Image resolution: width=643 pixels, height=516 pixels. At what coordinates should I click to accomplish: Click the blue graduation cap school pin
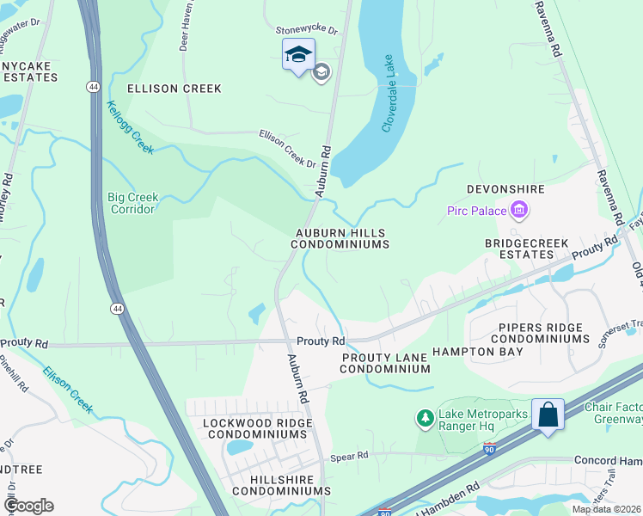[298, 56]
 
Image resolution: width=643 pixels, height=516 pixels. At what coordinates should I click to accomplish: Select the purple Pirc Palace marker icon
[518, 209]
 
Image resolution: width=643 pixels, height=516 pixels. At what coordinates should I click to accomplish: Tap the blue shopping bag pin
[548, 415]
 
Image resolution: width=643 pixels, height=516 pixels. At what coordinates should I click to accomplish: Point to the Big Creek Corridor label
[132, 202]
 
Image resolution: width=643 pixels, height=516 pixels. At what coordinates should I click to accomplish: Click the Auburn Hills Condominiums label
[340, 238]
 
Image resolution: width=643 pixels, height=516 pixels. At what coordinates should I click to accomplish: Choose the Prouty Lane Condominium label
[384, 362]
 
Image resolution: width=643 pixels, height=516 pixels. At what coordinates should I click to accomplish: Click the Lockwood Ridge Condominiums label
[254, 428]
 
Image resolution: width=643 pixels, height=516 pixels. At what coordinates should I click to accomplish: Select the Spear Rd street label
[350, 455]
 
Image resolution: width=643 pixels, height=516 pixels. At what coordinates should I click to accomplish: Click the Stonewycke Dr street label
[307, 30]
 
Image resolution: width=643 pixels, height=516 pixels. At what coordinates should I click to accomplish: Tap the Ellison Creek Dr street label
[288, 148]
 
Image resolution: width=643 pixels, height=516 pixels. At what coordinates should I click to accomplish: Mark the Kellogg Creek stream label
[130, 128]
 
